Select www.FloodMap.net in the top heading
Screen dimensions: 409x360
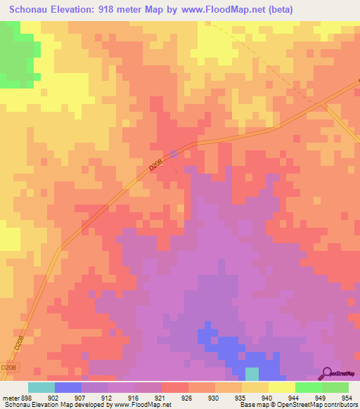coord(217,10)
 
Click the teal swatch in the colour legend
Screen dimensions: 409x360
coord(41,387)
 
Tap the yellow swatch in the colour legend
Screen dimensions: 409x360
coord(281,387)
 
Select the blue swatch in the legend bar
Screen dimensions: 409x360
coord(68,387)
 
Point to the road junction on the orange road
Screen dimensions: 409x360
coord(323,104)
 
